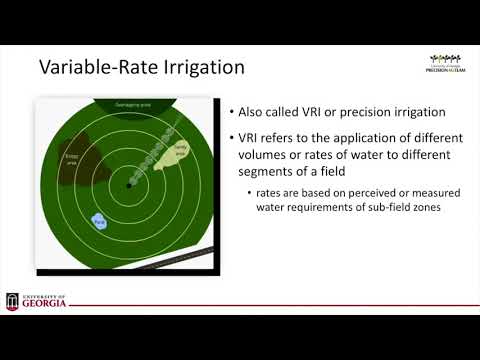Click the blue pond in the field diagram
pyautogui.click(x=99, y=220)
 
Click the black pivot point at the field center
pyautogui.click(x=129, y=187)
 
